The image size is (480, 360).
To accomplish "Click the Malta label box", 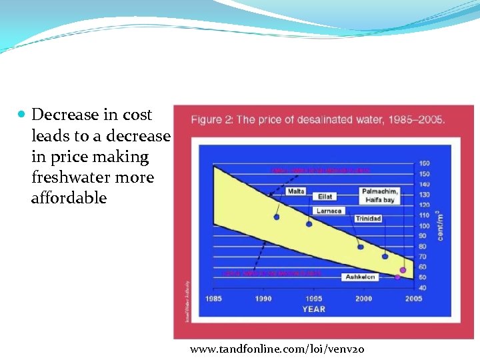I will pyautogui.click(x=296, y=191).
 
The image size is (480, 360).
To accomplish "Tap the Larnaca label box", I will pyautogui.click(x=329, y=211).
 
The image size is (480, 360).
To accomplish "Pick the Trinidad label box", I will pyautogui.click(x=368, y=219).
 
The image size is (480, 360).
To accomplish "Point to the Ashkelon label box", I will pyautogui.click(x=359, y=277).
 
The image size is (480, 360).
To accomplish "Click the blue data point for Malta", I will pyautogui.click(x=277, y=217).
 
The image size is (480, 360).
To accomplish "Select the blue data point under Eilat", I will pyautogui.click(x=309, y=224).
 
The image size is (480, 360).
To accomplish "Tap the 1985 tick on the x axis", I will pyautogui.click(x=213, y=299).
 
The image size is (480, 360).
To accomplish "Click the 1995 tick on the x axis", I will pyautogui.click(x=313, y=299).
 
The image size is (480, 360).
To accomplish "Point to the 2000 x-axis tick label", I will pyautogui.click(x=363, y=299).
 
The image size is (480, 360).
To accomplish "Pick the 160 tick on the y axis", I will pyautogui.click(x=425, y=163).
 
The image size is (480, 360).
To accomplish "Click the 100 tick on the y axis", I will pyautogui.click(x=425, y=226).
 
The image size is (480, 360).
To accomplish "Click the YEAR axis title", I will pyautogui.click(x=313, y=309).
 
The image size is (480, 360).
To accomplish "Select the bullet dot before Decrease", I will pyautogui.click(x=21, y=115).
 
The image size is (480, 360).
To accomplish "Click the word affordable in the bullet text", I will pyautogui.click(x=69, y=198).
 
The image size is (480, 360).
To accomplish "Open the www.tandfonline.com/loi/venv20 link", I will pyautogui.click(x=277, y=349).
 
